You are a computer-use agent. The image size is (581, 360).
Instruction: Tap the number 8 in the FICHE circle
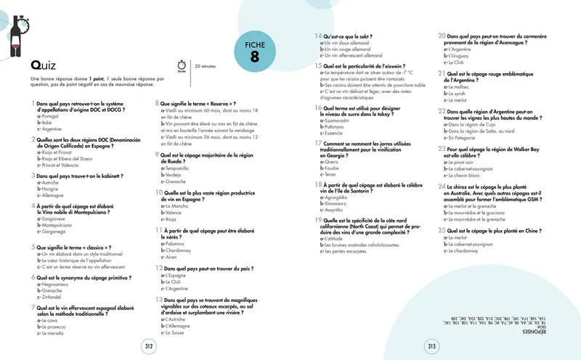click(254, 60)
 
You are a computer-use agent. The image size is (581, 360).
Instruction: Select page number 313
click(431, 347)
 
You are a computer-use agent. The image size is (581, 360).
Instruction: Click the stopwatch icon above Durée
click(181, 64)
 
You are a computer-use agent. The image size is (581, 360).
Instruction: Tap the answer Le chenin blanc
click(463, 175)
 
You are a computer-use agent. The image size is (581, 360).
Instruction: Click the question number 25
click(441, 229)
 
